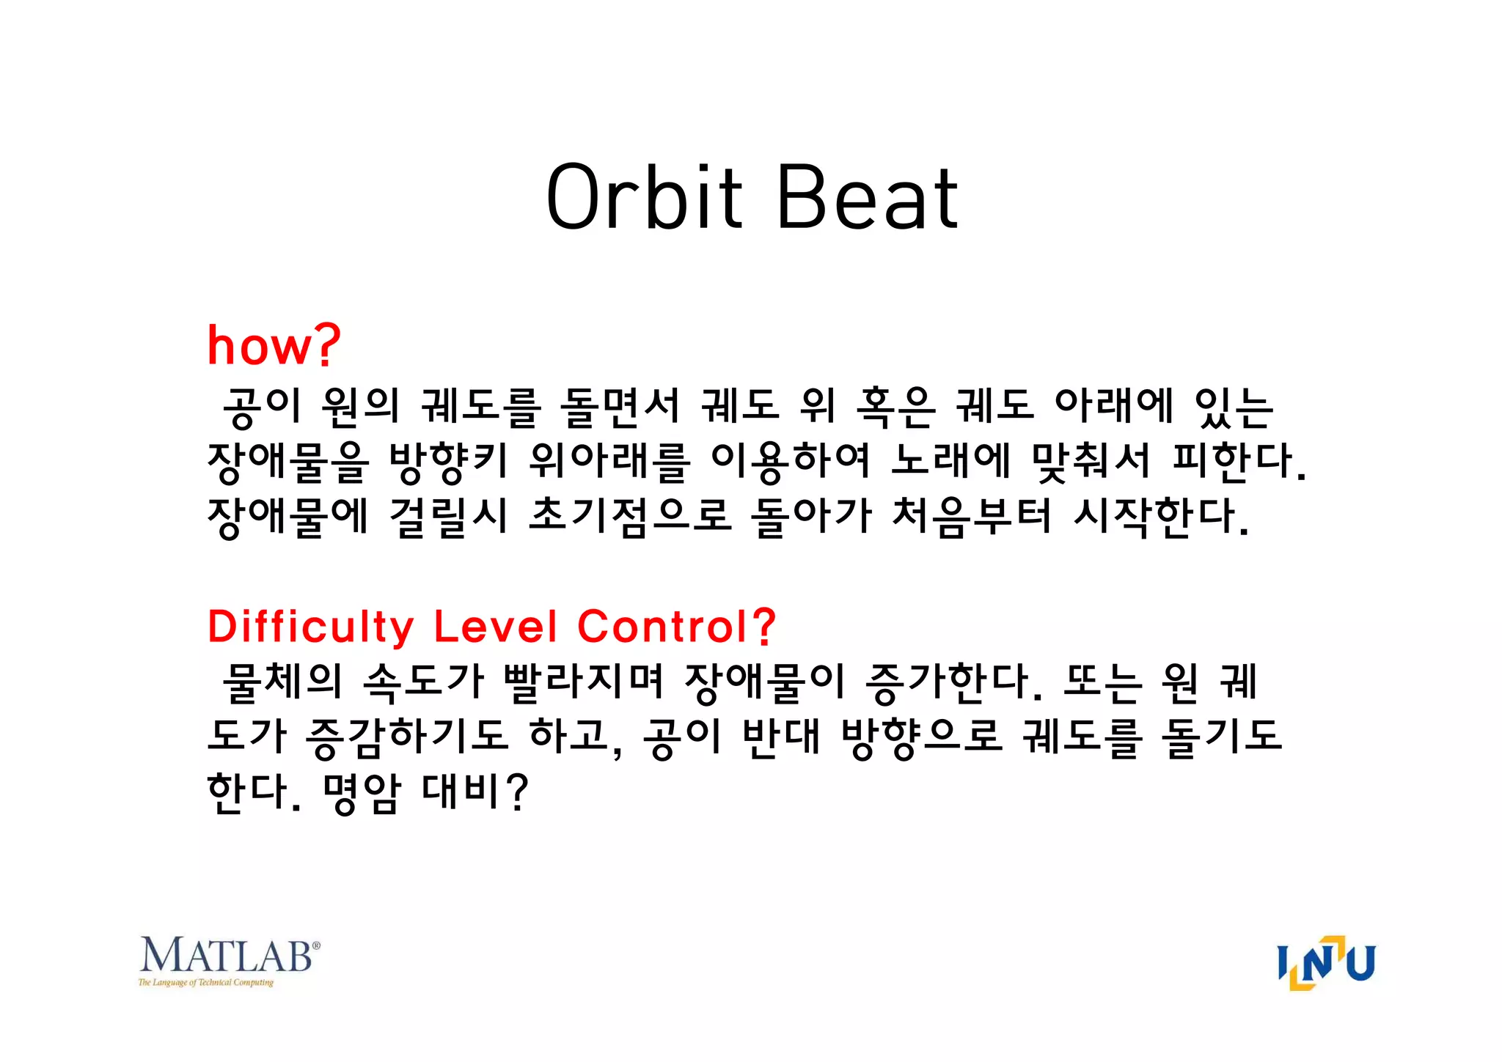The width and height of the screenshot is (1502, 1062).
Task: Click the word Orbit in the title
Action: (644, 196)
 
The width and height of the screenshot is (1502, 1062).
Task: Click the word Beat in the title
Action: (866, 196)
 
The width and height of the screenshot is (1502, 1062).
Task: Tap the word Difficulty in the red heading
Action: (311, 627)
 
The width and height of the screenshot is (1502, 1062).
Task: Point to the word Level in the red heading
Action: (496, 627)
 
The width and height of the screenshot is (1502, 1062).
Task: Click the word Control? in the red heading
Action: (676, 627)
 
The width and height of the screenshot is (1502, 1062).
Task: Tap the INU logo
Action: (1326, 962)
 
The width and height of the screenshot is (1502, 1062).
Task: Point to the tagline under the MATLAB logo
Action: (205, 983)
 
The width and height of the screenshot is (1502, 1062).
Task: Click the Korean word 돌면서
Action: (620, 407)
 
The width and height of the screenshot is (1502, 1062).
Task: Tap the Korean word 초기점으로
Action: (630, 517)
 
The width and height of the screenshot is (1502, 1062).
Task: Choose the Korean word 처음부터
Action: (972, 517)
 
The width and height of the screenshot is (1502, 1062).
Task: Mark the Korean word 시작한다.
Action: (1160, 517)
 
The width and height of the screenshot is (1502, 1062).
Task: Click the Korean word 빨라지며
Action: (583, 682)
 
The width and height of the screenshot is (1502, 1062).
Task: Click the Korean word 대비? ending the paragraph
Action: (475, 792)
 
